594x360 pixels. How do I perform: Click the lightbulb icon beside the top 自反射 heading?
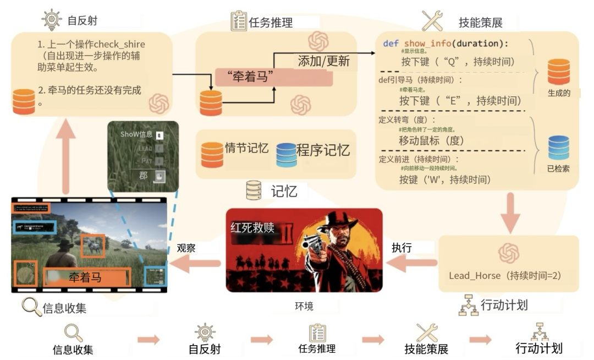point(51,20)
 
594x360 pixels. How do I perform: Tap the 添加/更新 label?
point(323,60)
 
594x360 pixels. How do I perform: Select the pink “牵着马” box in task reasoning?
point(274,78)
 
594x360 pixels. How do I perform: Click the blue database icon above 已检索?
point(558,148)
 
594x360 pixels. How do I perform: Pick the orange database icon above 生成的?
point(558,72)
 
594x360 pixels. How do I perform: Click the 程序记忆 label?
point(323,150)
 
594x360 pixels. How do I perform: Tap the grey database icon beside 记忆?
point(254,190)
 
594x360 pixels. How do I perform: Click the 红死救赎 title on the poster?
point(253,227)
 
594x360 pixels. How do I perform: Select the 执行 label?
point(402,248)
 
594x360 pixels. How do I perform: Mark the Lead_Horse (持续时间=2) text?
point(505,276)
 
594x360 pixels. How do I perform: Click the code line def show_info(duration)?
point(446,43)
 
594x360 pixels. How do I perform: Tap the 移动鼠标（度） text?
point(432,140)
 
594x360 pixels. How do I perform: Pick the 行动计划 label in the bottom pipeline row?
point(539,348)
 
